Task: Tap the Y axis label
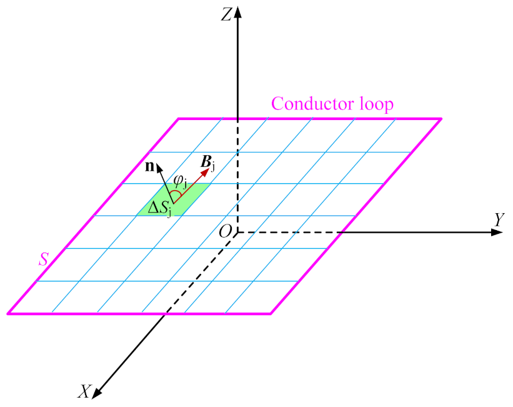point(499,219)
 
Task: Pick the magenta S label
point(43,258)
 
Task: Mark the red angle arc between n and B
point(176,196)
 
